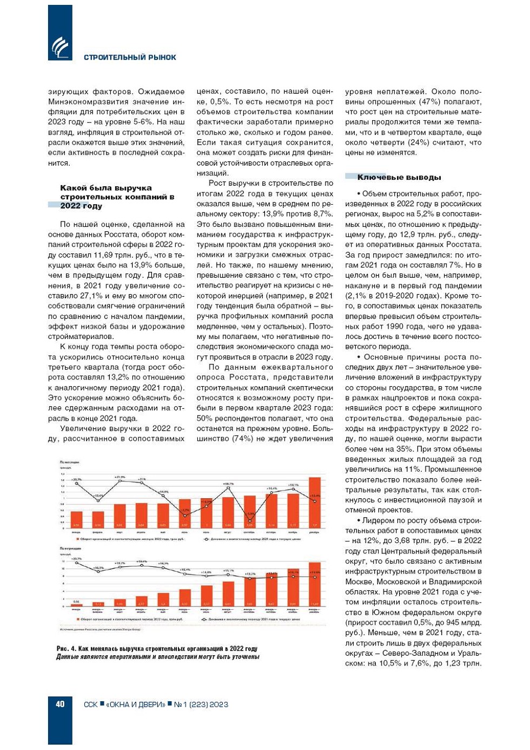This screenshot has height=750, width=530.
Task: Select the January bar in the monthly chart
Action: pos(77,519)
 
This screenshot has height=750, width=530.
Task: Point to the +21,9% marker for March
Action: pos(120,481)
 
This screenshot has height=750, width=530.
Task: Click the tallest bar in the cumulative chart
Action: pos(314,584)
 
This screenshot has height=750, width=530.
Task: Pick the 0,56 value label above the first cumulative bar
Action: pos(76,602)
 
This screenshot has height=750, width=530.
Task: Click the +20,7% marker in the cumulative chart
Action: pos(77,563)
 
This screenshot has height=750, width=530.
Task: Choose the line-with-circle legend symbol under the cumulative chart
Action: pos(206,619)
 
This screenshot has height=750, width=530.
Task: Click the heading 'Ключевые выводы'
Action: pos(399,177)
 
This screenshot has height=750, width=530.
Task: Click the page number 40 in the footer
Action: pos(60,704)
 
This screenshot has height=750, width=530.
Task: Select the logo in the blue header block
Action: pos(60,47)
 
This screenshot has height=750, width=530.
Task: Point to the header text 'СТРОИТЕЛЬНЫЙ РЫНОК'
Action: pos(130,57)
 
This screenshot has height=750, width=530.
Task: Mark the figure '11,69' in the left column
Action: pos(104,255)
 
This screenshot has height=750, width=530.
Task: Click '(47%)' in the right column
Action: pos(409,102)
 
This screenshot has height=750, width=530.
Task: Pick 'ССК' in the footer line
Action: pos(90,705)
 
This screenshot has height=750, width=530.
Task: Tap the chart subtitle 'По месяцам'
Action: pos(69,462)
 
